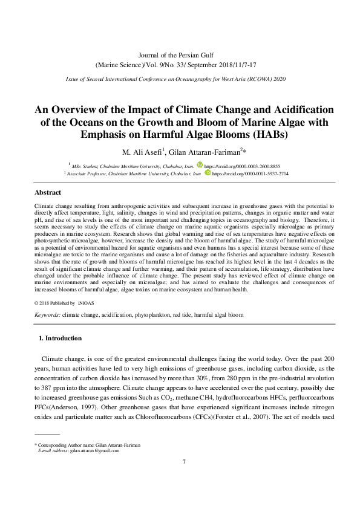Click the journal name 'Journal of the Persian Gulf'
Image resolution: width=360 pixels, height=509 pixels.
[180, 55]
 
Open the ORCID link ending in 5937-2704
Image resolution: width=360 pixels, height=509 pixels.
[250, 173]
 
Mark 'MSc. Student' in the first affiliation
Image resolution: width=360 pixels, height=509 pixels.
[87, 164]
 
